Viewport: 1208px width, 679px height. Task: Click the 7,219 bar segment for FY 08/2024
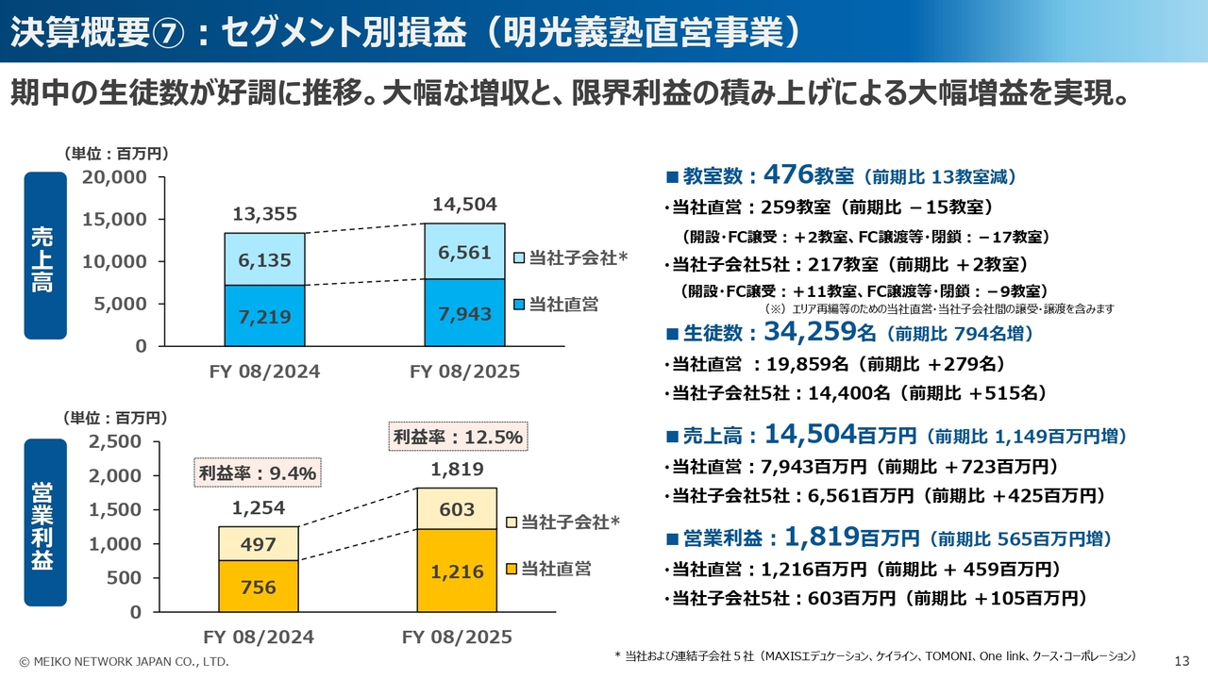(264, 315)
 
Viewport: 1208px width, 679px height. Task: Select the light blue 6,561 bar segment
(464, 252)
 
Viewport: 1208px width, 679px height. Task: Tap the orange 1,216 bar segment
(457, 571)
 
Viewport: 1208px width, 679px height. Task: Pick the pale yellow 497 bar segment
(259, 544)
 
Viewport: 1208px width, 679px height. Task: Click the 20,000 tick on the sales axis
(114, 177)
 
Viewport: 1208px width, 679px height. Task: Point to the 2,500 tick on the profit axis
(114, 441)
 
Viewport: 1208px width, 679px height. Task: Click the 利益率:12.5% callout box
(458, 437)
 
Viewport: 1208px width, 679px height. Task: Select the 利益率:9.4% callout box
(258, 472)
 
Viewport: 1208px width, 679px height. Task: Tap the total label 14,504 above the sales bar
(464, 205)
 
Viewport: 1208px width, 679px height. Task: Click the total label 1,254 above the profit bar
(259, 508)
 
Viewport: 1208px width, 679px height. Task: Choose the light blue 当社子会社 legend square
(519, 257)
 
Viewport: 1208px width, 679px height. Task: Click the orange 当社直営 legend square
(512, 569)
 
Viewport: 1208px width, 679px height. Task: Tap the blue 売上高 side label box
(44, 256)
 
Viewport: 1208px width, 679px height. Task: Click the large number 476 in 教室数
(788, 174)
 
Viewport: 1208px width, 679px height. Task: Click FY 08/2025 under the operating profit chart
(457, 637)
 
